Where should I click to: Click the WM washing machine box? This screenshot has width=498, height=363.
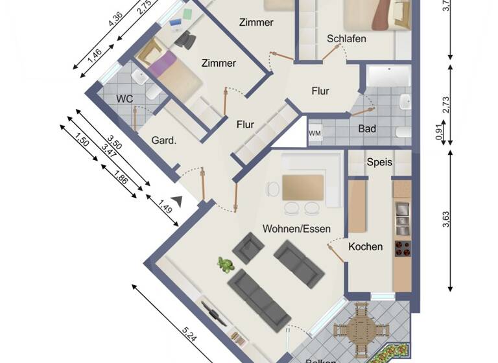coord(315,134)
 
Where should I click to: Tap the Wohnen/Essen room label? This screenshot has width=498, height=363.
coord(296,229)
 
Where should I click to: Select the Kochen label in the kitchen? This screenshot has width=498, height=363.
coord(365,246)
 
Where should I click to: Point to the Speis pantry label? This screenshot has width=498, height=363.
coord(379,162)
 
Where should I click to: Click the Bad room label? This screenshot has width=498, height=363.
coord(367,129)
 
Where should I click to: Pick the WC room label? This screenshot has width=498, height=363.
coord(124,99)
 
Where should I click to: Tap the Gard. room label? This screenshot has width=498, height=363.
coord(165,140)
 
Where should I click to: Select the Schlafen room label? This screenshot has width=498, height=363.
coord(346,39)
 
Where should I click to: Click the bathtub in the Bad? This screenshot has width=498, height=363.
coord(388,76)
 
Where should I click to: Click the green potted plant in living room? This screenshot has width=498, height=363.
coord(226,264)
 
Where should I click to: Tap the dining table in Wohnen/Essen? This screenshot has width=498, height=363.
coord(303,187)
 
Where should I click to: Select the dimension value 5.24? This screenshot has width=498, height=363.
coord(189,335)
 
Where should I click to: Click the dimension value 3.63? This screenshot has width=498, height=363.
coord(446,220)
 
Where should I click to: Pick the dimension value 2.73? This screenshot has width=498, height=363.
coord(446,104)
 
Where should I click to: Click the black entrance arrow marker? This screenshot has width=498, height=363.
coord(175,202)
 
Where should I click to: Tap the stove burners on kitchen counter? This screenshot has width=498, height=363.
coord(402,248)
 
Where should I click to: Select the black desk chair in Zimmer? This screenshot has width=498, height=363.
coord(186,40)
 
